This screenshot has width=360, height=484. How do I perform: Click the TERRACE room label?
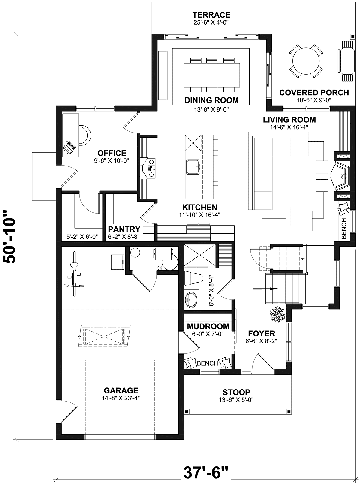pos(211,15)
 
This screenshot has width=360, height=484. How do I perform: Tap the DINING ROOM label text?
pos(211,100)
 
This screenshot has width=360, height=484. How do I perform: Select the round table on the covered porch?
pos(306,61)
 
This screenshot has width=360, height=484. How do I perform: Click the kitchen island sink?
pos(193,167)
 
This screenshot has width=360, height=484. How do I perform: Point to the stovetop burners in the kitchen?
pos(151,168)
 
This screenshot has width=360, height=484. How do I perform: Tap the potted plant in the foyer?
pos(277,314)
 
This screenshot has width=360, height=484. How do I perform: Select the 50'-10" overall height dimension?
pos(9,237)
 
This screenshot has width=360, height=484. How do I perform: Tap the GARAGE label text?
pos(121,390)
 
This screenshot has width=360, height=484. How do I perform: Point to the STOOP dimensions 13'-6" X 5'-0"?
pos(236,400)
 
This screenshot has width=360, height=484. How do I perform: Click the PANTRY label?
pos(124,229)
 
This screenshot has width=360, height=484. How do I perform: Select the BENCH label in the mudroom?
pos(207,363)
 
